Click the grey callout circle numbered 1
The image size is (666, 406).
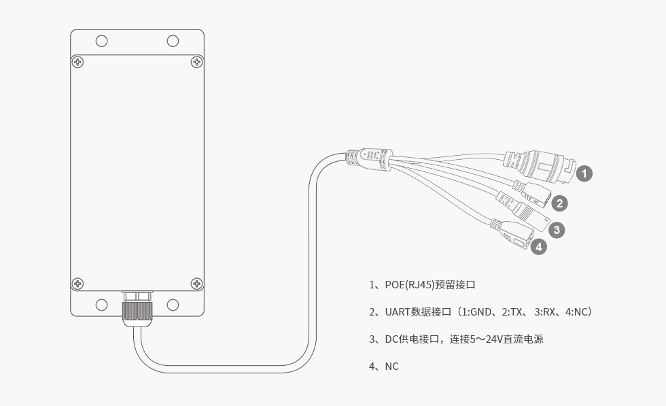coord(584,173)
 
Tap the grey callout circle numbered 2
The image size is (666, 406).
coord(559,203)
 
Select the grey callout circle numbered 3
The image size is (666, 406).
coord(557,230)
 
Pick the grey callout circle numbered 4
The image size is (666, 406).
coord(539,247)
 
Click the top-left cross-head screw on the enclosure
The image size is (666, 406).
coord(78,62)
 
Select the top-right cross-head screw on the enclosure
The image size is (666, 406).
coord(196,62)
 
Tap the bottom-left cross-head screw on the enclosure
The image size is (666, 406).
coord(78,283)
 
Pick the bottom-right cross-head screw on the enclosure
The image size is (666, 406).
coord(196,283)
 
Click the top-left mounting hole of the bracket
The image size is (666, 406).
coord(101,41)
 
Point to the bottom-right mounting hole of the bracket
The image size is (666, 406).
coord(173,304)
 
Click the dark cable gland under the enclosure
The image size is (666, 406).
coord(137,310)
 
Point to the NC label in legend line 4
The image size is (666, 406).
coord(391,367)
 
